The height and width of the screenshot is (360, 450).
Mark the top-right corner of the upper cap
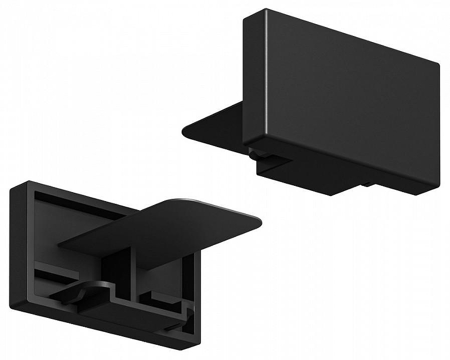pos(438,63)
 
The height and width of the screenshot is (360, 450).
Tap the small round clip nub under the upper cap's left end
pos(255,152)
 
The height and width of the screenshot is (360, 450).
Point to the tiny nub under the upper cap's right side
pos(367,183)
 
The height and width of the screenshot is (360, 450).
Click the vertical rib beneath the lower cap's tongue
pos(135,270)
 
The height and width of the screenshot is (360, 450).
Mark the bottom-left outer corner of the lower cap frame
pos(13,307)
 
